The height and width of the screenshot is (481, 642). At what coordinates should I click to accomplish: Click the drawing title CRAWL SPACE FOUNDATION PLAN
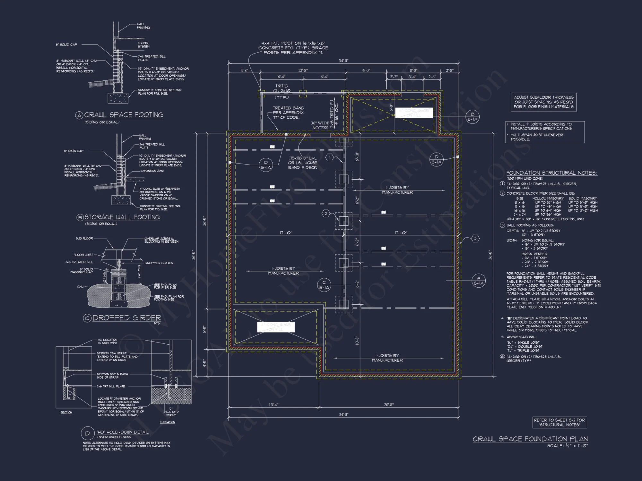(530, 439)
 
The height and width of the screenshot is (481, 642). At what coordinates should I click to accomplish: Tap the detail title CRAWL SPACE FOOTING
(123, 115)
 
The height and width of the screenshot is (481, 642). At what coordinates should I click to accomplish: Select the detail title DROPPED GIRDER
(126, 318)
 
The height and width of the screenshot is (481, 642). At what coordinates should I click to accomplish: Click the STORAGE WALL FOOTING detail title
(122, 217)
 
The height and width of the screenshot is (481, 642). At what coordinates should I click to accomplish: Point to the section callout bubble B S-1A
(472, 116)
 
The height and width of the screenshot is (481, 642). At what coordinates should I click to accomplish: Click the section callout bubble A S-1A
(478, 281)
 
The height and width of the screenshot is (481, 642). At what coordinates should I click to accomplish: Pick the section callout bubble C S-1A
(324, 285)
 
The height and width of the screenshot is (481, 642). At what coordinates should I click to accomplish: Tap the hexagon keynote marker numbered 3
(475, 238)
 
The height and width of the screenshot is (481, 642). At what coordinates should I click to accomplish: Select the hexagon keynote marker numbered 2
(326, 214)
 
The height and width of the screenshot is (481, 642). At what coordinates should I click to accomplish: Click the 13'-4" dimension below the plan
(273, 405)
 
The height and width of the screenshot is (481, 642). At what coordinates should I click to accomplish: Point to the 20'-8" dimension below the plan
(389, 405)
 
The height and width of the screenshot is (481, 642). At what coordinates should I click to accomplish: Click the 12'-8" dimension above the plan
(303, 71)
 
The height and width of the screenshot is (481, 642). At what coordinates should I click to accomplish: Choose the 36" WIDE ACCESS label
(320, 125)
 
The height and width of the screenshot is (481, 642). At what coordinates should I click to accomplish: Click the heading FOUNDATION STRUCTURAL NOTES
(551, 173)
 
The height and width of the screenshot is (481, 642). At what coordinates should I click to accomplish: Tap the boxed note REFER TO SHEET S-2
(560, 422)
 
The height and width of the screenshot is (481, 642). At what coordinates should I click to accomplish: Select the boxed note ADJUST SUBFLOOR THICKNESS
(543, 102)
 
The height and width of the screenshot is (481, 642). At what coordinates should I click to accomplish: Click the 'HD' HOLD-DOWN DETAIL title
(123, 432)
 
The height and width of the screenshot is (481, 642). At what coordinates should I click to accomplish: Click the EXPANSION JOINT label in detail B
(152, 171)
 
